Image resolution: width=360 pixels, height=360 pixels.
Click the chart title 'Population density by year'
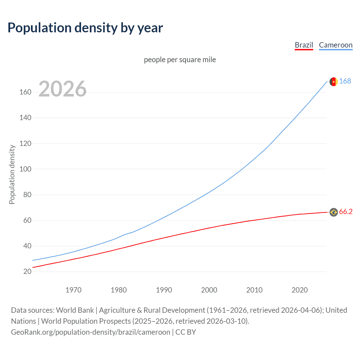tap(85, 28)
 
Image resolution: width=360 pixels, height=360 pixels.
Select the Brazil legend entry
tap(304, 45)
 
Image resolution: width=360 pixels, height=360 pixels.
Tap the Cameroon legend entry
tap(336, 45)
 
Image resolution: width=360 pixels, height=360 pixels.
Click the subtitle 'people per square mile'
tap(180, 60)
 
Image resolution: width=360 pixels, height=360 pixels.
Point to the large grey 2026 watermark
tap(62, 89)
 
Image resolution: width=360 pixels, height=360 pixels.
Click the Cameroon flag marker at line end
tap(334, 82)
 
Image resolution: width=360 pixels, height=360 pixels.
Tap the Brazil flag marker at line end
tap(334, 212)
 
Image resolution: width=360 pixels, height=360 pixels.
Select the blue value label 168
tap(345, 81)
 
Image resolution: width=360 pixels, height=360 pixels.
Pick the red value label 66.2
tap(346, 212)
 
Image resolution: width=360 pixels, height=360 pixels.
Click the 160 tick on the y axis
tap(25, 92)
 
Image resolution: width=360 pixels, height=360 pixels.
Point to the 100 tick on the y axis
tap(25, 169)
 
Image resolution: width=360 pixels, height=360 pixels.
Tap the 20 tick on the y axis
tap(27, 271)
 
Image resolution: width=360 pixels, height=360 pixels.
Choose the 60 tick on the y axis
tap(27, 220)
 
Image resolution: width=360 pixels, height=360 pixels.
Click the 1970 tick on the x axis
tap(73, 290)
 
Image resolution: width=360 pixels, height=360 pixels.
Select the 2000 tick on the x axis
tap(209, 290)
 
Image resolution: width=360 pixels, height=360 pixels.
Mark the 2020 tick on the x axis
tap(300, 290)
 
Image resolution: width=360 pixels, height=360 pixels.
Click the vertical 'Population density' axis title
tap(12, 174)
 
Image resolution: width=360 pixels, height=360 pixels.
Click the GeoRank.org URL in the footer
tap(91, 332)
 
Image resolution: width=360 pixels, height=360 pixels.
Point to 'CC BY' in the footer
tap(186, 332)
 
